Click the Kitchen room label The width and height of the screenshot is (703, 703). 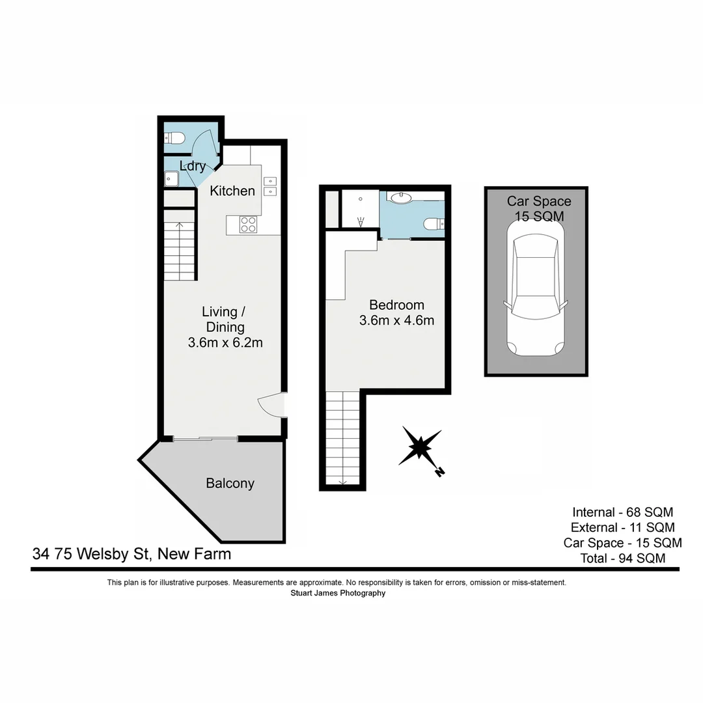coord(232,191)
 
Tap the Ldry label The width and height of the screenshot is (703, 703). coord(193,166)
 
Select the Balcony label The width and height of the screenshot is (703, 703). coord(230,484)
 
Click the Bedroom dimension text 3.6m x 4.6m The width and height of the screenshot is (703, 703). coord(396,320)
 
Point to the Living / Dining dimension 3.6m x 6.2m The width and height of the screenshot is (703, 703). coord(225,343)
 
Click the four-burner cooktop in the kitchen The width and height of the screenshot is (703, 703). coord(248,225)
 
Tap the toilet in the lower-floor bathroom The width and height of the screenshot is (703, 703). coord(174,137)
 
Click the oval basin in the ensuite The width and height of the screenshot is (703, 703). coord(400,197)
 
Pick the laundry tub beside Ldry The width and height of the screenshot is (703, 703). coord(172,178)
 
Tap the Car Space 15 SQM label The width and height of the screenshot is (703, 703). coord(539,209)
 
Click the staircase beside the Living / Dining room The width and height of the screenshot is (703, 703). coord(179,251)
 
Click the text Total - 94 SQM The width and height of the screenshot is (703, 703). coord(623,558)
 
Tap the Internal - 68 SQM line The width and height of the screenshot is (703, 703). coord(623,512)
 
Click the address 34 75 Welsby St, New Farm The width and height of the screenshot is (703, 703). coord(131,555)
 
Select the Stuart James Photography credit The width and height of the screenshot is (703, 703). coord(337,593)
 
